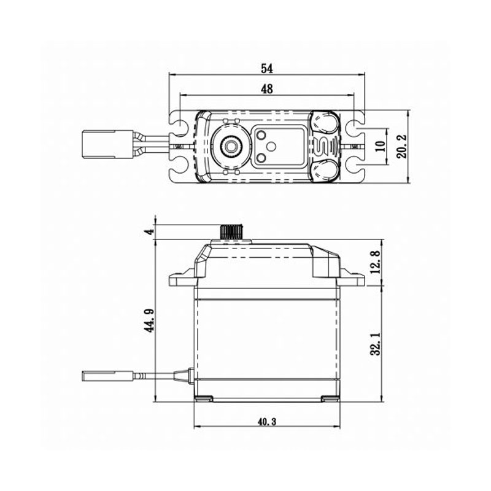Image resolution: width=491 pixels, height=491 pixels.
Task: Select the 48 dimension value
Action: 266,89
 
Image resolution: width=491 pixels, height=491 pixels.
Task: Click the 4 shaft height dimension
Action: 147,231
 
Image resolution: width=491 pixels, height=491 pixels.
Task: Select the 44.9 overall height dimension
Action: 148,320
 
